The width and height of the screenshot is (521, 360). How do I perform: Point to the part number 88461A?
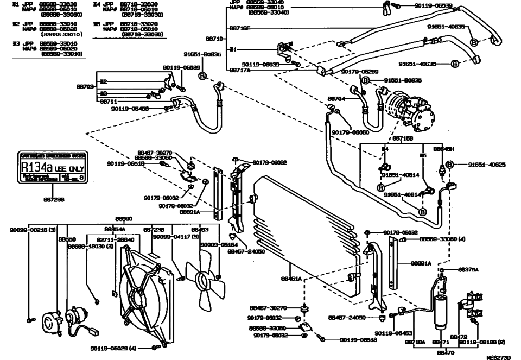(x=291, y=279)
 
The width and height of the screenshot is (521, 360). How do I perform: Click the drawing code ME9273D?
(x=499, y=357)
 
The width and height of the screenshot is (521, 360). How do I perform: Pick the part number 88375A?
(x=467, y=269)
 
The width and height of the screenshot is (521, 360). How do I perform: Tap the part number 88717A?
(x=240, y=70)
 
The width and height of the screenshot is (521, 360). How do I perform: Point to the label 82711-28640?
(x=115, y=238)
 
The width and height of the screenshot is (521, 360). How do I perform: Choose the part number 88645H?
(x=443, y=148)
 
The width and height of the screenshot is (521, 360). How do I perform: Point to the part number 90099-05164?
(x=216, y=245)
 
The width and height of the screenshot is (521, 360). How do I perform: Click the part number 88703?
(x=87, y=86)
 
